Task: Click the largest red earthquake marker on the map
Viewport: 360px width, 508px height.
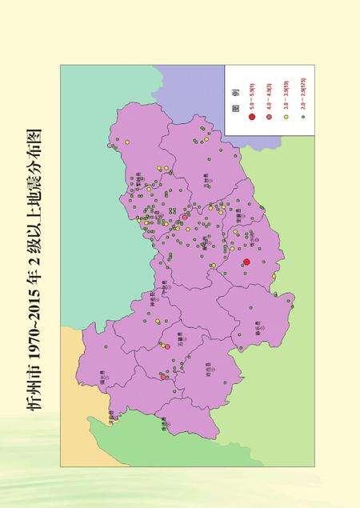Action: click(246, 262)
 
